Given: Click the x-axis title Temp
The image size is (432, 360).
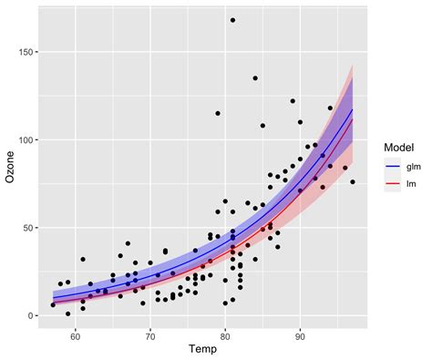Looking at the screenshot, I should (x=201, y=349).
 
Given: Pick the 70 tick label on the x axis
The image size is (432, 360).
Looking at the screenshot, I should (x=150, y=336).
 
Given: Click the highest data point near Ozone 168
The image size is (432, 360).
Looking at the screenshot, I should (x=232, y=20).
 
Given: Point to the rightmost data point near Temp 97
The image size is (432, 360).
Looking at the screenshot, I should (x=353, y=182).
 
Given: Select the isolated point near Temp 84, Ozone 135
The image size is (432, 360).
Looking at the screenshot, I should (x=255, y=78).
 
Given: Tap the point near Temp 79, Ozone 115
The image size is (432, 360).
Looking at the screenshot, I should (x=218, y=113).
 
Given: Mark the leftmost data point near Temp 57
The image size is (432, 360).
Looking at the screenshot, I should (x=53, y=305).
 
